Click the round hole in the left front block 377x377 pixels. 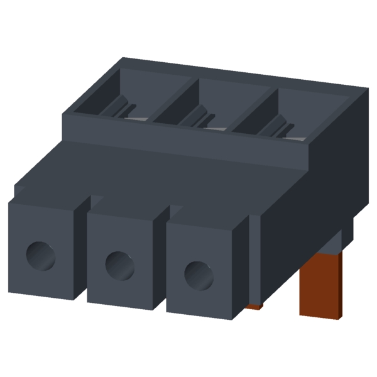point(40,254)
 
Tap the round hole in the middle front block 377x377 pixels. point(119,265)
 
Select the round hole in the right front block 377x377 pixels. point(198,275)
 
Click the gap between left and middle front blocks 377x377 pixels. point(83,251)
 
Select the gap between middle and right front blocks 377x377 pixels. point(163,261)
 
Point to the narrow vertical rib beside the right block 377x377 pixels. point(254,258)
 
